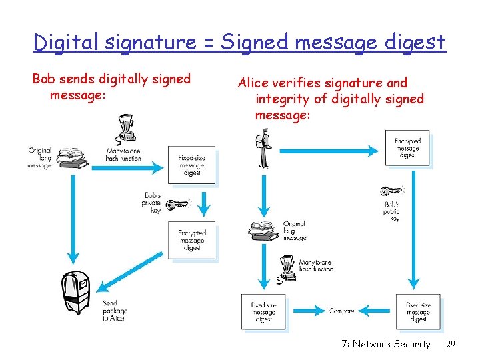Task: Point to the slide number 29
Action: coord(450,344)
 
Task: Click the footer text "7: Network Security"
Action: coord(386,344)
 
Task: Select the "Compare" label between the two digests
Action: coord(342,311)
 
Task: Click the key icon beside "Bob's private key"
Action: coord(177,204)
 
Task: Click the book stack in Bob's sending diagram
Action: coord(71,159)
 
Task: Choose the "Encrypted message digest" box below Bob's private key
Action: coord(192,240)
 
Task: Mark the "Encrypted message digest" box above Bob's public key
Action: coord(407,148)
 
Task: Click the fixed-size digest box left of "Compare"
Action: coord(263,311)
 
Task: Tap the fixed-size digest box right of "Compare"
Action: coord(418,311)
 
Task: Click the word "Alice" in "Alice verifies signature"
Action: coord(253,83)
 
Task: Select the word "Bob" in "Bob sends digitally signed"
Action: coord(44,79)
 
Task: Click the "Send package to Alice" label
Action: coord(113,311)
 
